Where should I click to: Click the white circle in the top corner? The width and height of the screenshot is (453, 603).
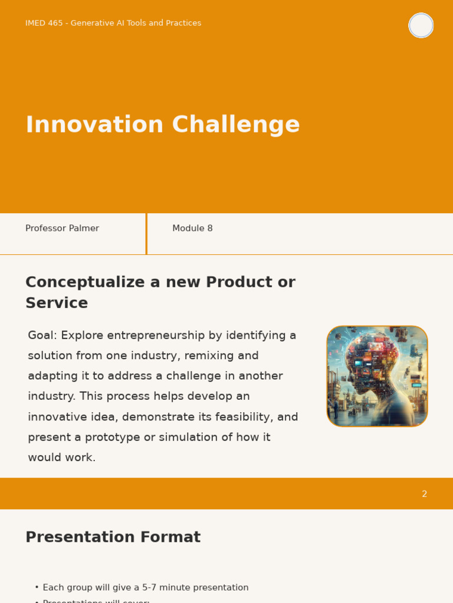(421, 25)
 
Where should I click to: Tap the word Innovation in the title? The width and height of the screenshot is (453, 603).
(94, 124)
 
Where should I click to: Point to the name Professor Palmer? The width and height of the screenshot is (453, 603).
(62, 228)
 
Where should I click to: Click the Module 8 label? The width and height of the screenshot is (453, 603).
(192, 228)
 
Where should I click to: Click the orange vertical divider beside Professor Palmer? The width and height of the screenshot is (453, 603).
(146, 234)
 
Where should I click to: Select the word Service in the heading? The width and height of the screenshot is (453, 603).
(57, 303)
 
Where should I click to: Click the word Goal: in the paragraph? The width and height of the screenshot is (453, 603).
(42, 335)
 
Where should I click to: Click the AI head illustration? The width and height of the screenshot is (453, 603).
(377, 376)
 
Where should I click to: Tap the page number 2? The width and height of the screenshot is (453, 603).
(424, 494)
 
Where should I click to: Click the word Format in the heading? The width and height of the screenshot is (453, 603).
(170, 537)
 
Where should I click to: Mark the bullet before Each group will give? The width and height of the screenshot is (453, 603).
(37, 587)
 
